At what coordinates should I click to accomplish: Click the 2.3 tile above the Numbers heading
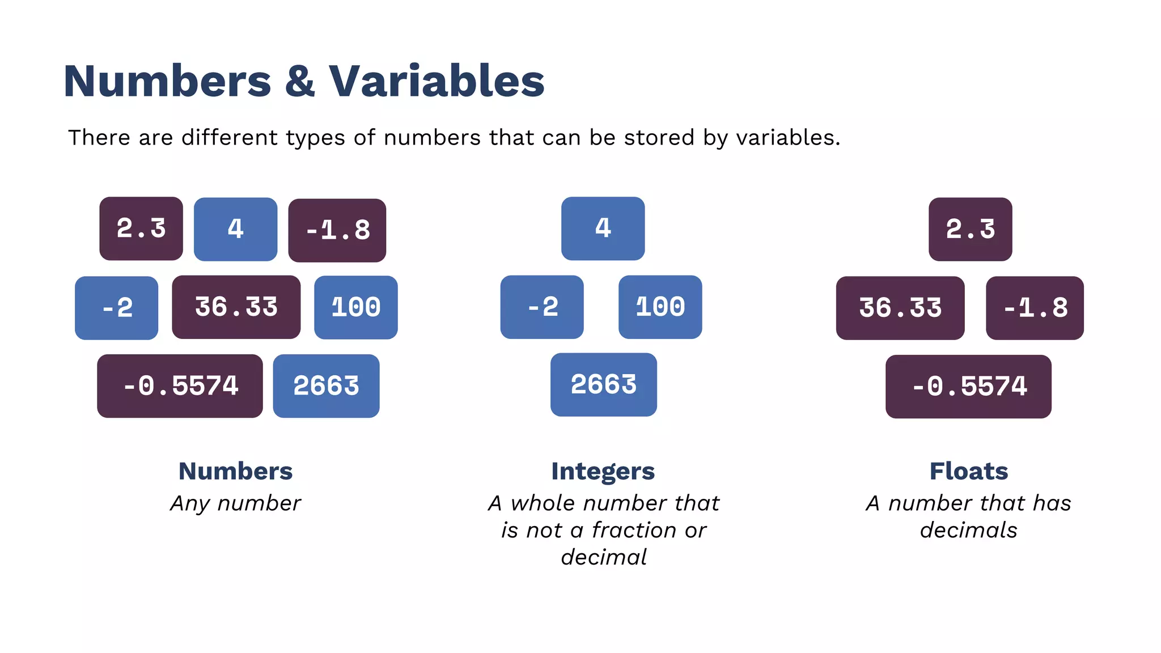point(141,229)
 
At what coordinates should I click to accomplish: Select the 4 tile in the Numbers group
point(236,229)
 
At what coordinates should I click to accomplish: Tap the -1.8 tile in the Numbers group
point(337,230)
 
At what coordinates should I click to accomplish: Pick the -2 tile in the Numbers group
point(117,308)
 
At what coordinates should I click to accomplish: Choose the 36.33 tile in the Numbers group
point(236,307)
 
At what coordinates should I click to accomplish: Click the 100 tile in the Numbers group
point(356,307)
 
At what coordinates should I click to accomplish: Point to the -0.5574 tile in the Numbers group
point(180,386)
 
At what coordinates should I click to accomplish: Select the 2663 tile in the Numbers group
point(327,386)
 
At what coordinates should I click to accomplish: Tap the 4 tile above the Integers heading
point(603,228)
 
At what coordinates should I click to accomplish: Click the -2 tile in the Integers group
point(542,307)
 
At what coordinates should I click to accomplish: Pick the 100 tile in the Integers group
point(660,307)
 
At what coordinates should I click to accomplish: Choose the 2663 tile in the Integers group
point(604,385)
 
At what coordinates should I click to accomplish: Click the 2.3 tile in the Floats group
point(971,229)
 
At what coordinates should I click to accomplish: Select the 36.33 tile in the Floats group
point(900,308)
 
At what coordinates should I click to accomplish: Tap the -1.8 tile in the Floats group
point(1035,308)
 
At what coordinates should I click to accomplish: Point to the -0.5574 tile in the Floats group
point(969,387)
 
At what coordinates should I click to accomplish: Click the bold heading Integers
point(603,472)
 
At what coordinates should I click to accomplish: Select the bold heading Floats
point(969,471)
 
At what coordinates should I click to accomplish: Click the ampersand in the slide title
point(300,81)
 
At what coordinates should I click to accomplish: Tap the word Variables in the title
point(437,81)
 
